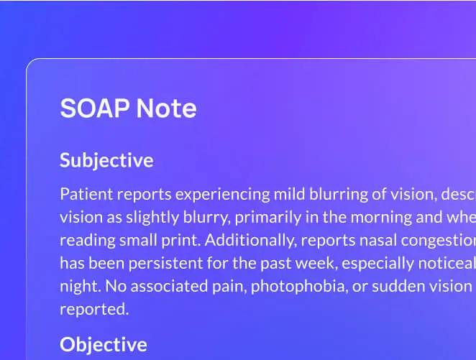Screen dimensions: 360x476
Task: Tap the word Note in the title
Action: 166,109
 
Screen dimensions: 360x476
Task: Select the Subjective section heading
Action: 106,160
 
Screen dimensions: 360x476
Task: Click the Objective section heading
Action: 104,344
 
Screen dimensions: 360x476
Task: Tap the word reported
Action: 93,309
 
